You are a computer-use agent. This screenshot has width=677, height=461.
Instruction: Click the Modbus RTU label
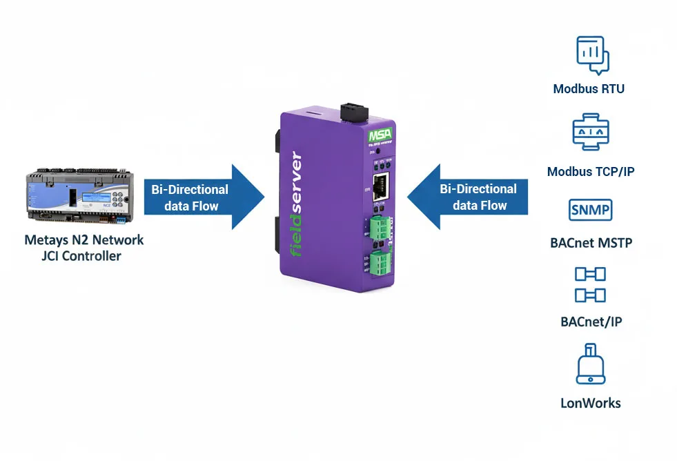(x=589, y=89)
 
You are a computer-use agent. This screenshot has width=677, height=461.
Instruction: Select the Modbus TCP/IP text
(x=590, y=171)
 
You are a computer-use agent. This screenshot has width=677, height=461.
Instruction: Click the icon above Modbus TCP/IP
(x=590, y=133)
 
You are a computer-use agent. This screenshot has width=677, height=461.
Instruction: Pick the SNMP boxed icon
(x=590, y=209)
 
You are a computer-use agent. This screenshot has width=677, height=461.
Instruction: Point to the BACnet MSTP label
(x=591, y=243)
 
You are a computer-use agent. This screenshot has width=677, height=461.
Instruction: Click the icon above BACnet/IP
(x=590, y=284)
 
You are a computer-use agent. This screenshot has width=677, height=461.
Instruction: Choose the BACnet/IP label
(x=591, y=322)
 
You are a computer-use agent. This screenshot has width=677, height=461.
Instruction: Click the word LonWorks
(x=590, y=403)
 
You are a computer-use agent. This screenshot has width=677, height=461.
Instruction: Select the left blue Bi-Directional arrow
(x=204, y=197)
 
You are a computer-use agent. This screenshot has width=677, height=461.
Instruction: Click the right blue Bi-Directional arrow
(x=469, y=197)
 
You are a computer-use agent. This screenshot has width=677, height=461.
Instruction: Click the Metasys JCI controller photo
(x=77, y=197)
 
